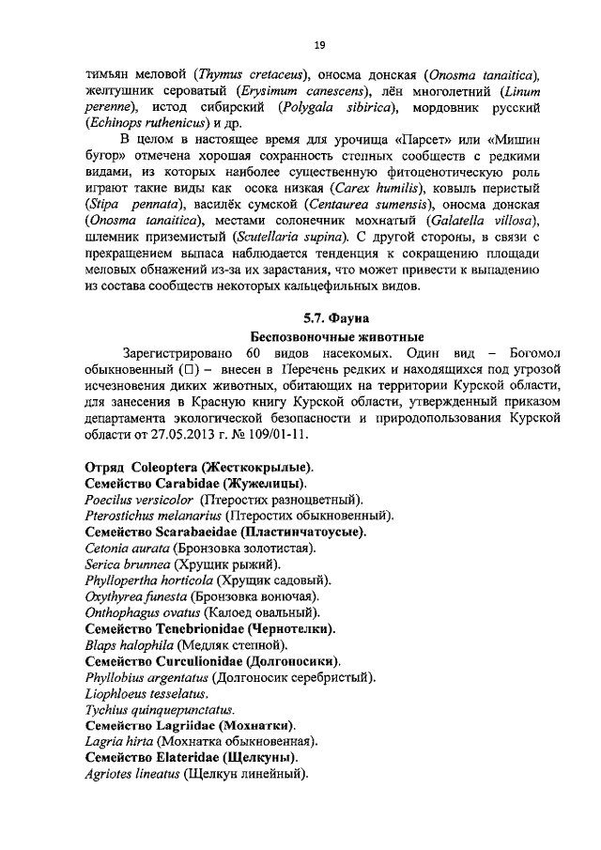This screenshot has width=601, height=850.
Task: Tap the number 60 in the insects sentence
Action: (x=252, y=352)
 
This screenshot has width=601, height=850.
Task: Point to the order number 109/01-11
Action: (x=275, y=437)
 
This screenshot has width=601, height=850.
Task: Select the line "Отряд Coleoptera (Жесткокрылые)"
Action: (x=199, y=467)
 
